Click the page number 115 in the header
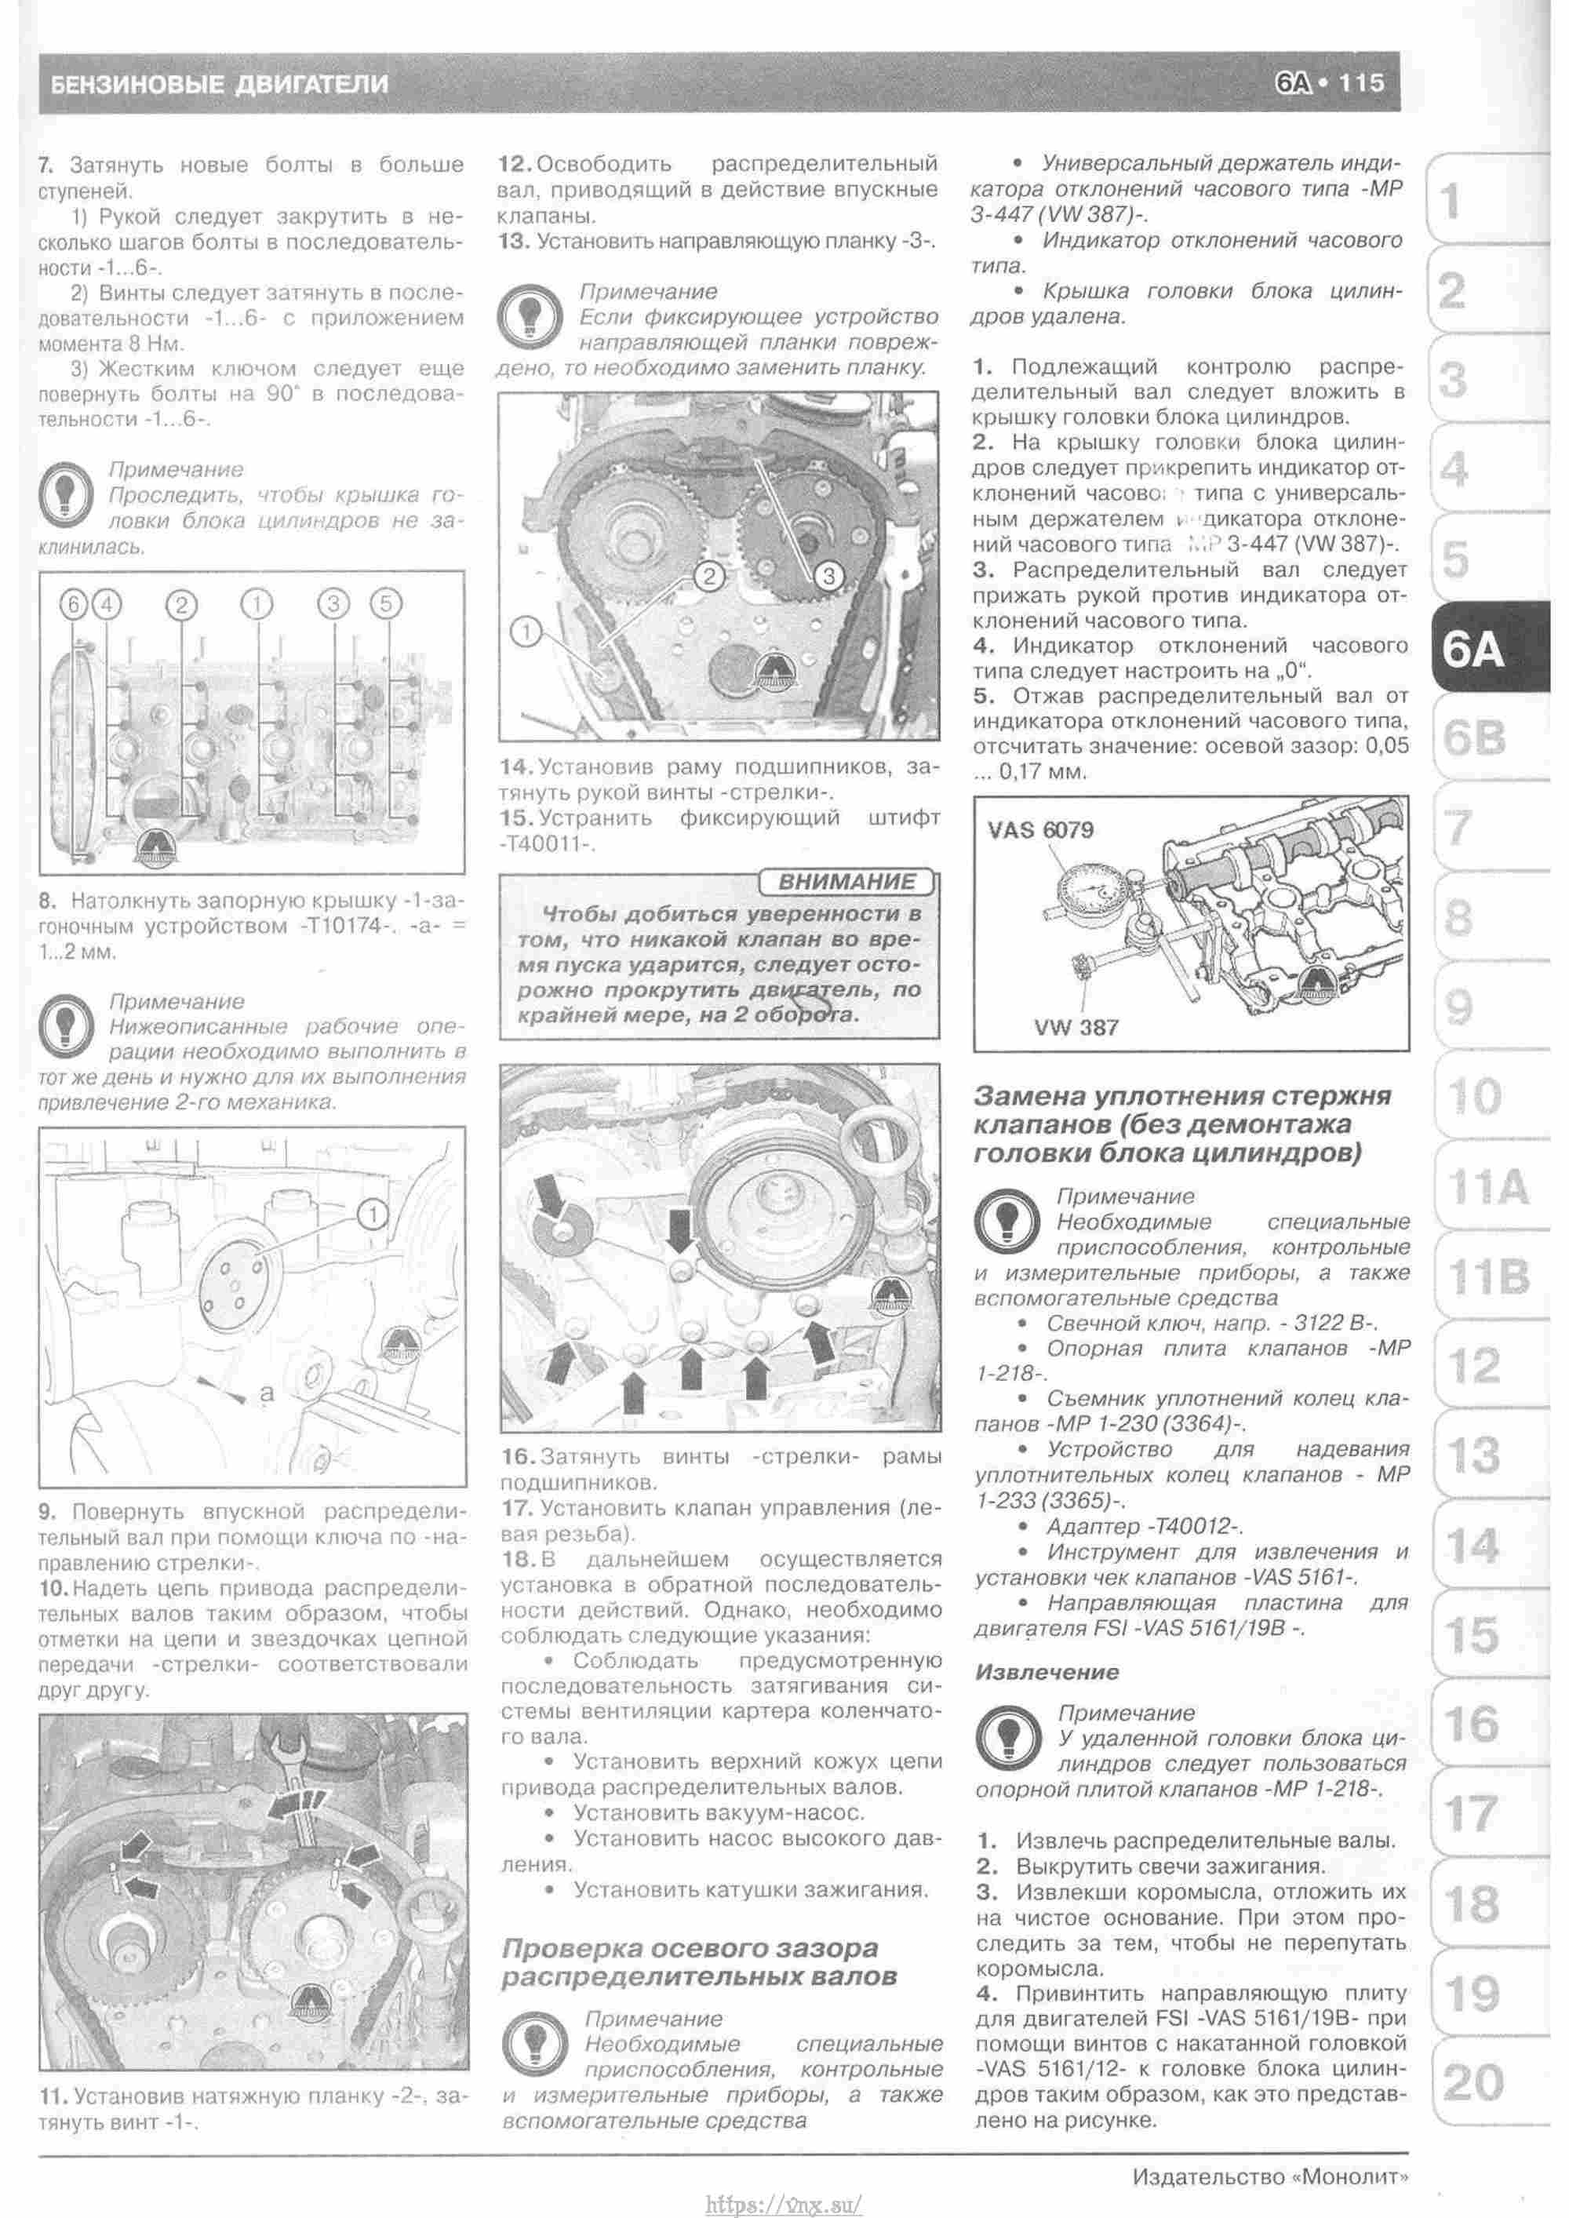pyautogui.click(x=1362, y=83)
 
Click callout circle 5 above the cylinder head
pyautogui.click(x=385, y=605)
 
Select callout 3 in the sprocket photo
pyautogui.click(x=828, y=577)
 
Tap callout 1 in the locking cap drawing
pyautogui.click(x=373, y=1215)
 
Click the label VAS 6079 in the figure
pyautogui.click(x=1040, y=830)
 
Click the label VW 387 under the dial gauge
pyautogui.click(x=1076, y=1027)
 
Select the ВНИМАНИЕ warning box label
pyautogui.click(x=846, y=882)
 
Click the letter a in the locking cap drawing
pyautogui.click(x=268, y=1394)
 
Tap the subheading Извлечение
pyautogui.click(x=1047, y=1671)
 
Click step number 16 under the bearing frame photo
pyautogui.click(x=518, y=1456)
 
